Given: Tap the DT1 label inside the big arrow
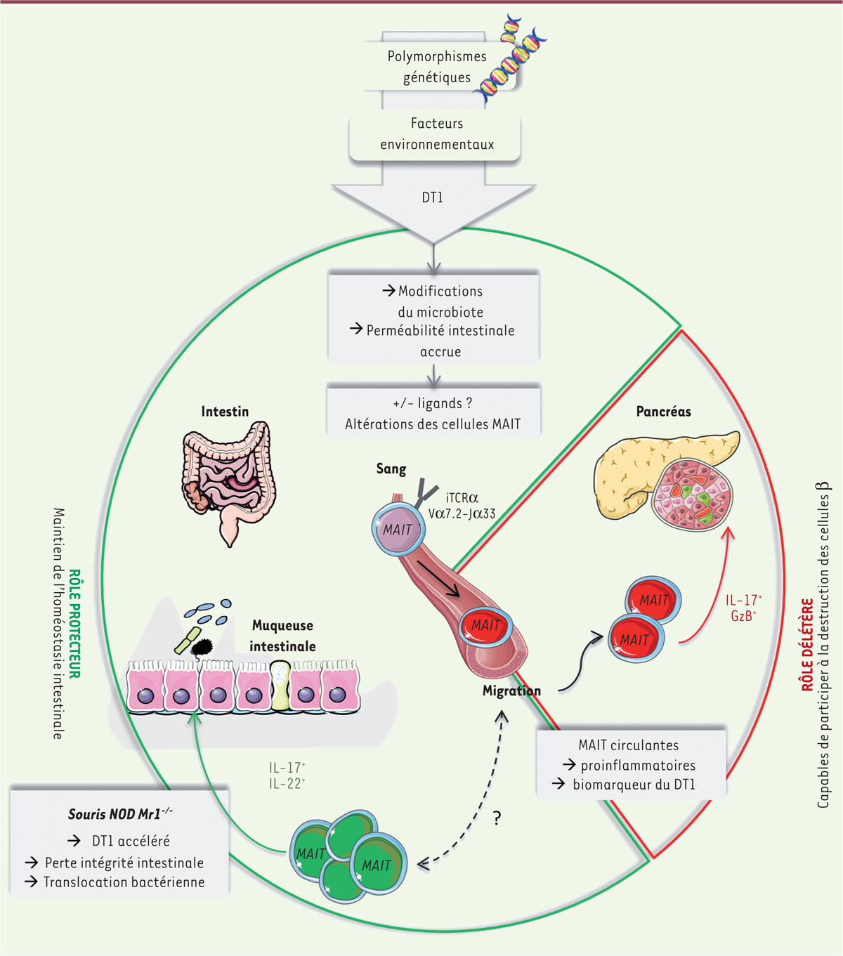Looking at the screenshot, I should coord(432,198).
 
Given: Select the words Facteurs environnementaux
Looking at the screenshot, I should coord(437,134).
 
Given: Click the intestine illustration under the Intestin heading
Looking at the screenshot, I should coord(228,478).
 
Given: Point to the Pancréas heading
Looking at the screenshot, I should coord(663,412).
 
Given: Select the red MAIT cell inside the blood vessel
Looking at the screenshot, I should coord(485,625).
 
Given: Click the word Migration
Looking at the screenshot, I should coord(511,691).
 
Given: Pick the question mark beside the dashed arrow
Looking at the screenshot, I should coord(497,818).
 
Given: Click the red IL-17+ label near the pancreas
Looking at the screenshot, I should coord(743,601).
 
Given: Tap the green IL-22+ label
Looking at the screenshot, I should coord(287,784).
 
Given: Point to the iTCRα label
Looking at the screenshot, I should coord(462,498).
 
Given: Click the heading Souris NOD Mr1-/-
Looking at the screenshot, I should coord(119,814).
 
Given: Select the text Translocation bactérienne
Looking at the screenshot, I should coord(124,882).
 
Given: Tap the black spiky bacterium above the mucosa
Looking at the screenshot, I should coord(204,646).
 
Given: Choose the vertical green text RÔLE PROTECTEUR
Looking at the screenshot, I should coord(74,624).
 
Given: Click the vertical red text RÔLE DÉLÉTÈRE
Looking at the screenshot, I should coord(807,644).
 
